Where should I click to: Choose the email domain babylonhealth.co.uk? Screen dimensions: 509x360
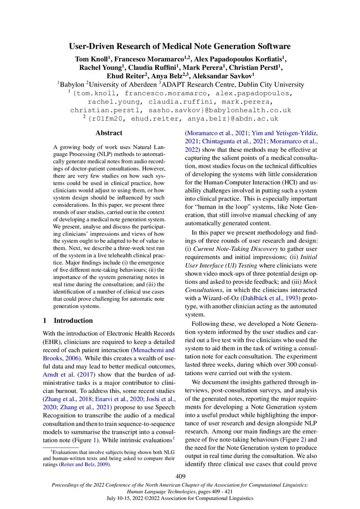[x=247, y=109]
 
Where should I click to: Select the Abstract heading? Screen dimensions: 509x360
[x=109, y=133]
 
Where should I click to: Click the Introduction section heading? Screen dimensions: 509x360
[x=73, y=321]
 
